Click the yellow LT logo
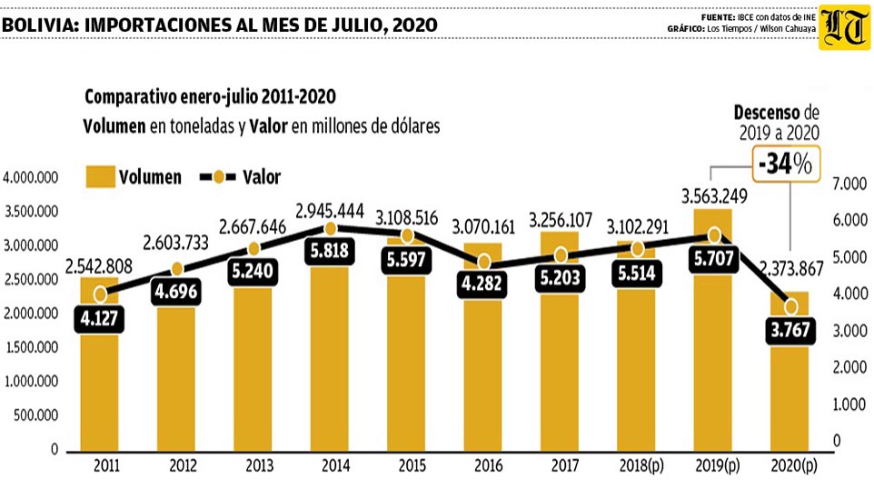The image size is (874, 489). pyautogui.click(x=844, y=27)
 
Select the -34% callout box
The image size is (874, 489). pyautogui.click(x=786, y=164)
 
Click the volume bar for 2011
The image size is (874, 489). pyautogui.click(x=99, y=364)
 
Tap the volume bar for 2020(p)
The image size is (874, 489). pyautogui.click(x=790, y=372)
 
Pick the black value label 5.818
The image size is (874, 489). pyautogui.click(x=330, y=251)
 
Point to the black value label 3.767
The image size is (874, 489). pyautogui.click(x=790, y=330)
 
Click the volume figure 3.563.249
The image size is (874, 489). pyautogui.click(x=714, y=196)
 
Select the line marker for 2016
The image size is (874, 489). pyautogui.click(x=484, y=262)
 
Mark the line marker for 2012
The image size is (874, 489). pyautogui.click(x=176, y=269)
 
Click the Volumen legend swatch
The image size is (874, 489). pyautogui.click(x=100, y=176)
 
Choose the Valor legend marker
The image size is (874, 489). pyautogui.click(x=218, y=177)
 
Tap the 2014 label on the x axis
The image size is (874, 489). pyautogui.click(x=335, y=465)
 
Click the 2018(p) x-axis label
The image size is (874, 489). pyautogui.click(x=641, y=465)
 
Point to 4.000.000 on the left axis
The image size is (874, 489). pyautogui.click(x=31, y=178)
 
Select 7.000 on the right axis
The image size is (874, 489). pyautogui.click(x=849, y=184)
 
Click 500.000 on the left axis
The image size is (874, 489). pyautogui.click(x=35, y=415)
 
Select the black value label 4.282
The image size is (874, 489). pyautogui.click(x=482, y=284)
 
